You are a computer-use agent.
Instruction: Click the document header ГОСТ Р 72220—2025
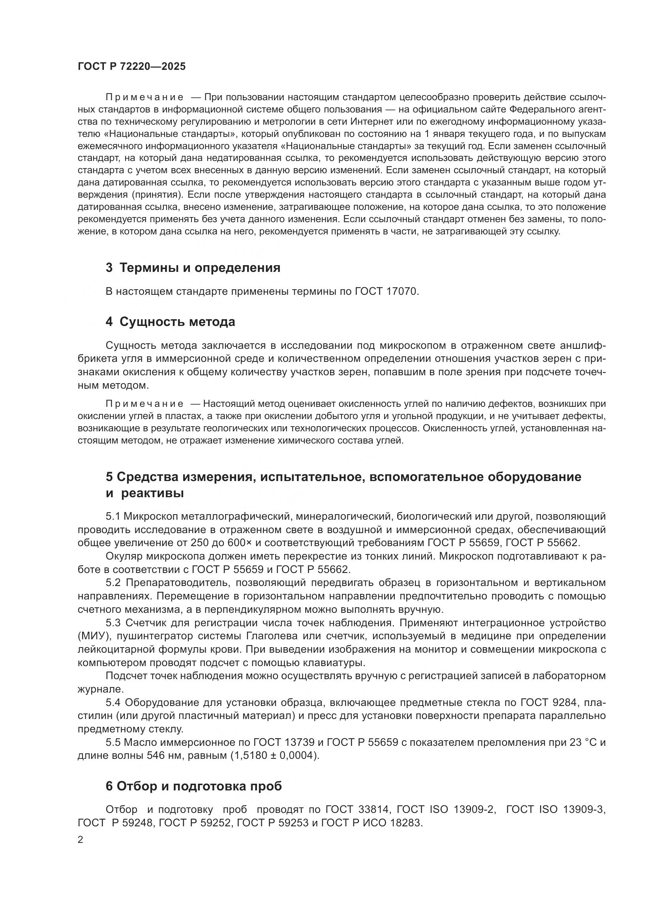click(131, 67)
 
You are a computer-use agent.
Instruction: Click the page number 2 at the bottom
click(81, 840)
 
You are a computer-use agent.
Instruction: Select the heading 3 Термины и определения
click(193, 268)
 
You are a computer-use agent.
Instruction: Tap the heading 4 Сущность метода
click(170, 322)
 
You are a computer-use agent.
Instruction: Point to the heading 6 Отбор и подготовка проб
click(194, 786)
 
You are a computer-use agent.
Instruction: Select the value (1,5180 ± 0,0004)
click(275, 755)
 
